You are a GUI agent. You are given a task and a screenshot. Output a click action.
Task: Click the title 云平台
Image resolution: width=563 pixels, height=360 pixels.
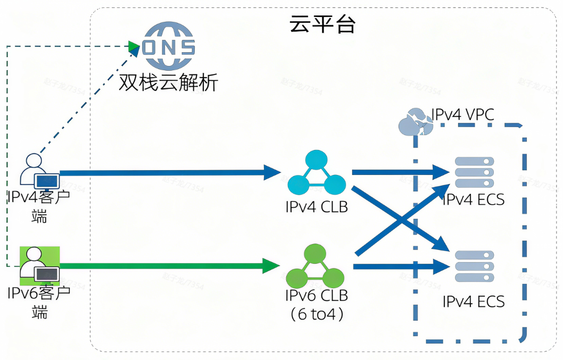(x=322, y=24)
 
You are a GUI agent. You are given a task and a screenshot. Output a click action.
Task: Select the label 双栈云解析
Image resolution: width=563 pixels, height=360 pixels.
(x=168, y=82)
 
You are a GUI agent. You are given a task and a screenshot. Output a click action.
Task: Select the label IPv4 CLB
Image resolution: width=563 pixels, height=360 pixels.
(x=317, y=207)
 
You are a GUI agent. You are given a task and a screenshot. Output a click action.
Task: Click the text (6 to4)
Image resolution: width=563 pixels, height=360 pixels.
(x=317, y=314)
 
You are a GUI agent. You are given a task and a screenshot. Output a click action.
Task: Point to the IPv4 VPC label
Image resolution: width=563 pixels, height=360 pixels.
(x=462, y=114)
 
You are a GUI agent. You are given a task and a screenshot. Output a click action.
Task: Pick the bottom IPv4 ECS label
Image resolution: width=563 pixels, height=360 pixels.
(x=474, y=302)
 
